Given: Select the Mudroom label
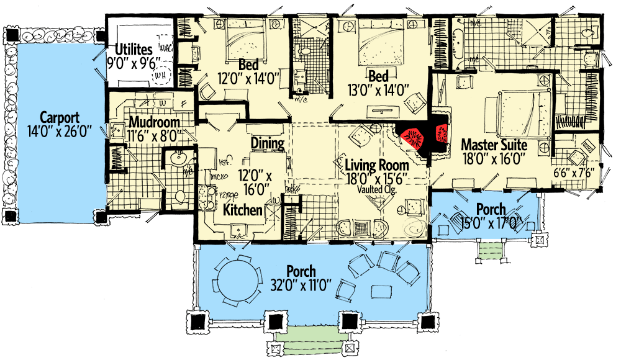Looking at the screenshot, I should click(x=155, y=122).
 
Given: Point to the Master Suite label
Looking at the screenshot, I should click(x=494, y=145).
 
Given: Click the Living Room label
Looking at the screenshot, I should click(x=381, y=165).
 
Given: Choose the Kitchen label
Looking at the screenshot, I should click(x=243, y=210).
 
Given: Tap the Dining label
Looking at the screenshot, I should click(x=268, y=143).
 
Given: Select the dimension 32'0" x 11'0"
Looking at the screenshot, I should click(x=301, y=286).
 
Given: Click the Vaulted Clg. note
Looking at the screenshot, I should click(x=381, y=191).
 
